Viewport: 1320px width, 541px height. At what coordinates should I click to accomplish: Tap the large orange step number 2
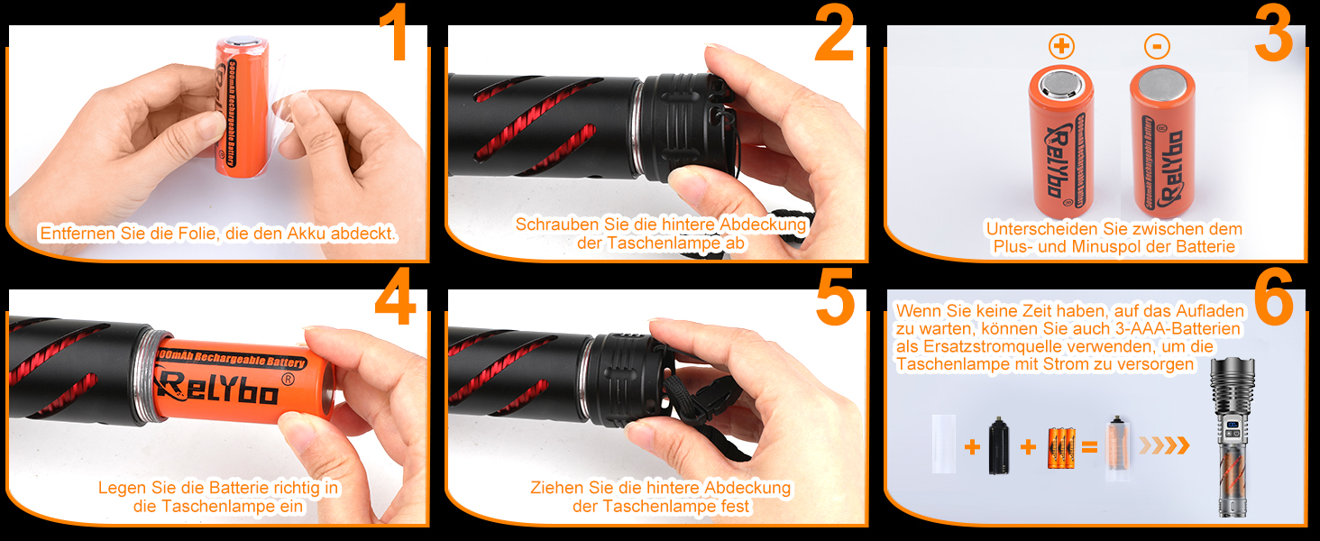pos(834,32)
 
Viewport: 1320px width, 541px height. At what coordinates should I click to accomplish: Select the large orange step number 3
pos(1274,32)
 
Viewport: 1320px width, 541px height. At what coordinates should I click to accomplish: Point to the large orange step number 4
pos(396,297)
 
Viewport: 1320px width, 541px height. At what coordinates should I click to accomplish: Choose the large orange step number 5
pos(835,297)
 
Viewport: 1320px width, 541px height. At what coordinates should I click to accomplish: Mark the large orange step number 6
pos(1274,297)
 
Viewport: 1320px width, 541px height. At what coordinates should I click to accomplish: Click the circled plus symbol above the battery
pos(1061,46)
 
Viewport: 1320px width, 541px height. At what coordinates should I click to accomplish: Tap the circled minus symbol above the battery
pos(1157,46)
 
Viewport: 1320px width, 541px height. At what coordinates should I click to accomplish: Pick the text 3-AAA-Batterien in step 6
pos(1178,329)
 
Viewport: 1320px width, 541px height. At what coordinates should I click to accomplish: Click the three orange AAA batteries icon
pos(1061,448)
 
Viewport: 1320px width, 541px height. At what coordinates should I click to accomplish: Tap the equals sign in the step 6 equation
pos(1089,448)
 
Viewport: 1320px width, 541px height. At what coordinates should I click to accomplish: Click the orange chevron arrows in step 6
pos(1164,445)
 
